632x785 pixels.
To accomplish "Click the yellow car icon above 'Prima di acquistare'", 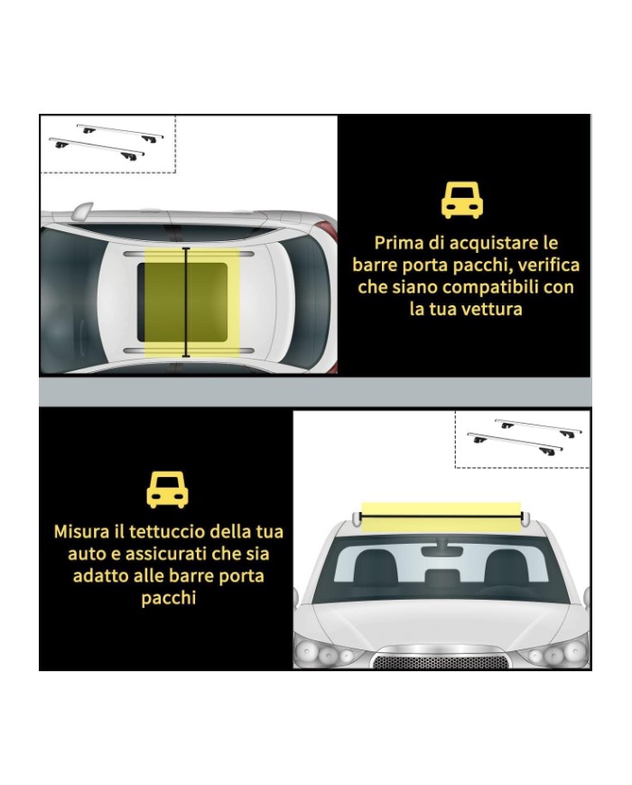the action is point(462,201).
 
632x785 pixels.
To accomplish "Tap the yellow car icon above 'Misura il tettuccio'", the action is point(167,489).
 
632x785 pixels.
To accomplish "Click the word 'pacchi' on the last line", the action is point(168,598).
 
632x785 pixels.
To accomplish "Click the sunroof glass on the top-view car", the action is point(182,302).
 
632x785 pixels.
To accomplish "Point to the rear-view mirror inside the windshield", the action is point(441,550).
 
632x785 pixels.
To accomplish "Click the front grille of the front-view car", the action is point(441,661).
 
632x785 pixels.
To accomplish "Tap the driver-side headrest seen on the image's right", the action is point(507,567).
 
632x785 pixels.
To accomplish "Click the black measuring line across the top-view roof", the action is point(186,303).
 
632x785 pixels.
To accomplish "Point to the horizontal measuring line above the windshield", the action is point(441,516).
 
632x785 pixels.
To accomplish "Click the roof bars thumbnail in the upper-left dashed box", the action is point(107,142).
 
